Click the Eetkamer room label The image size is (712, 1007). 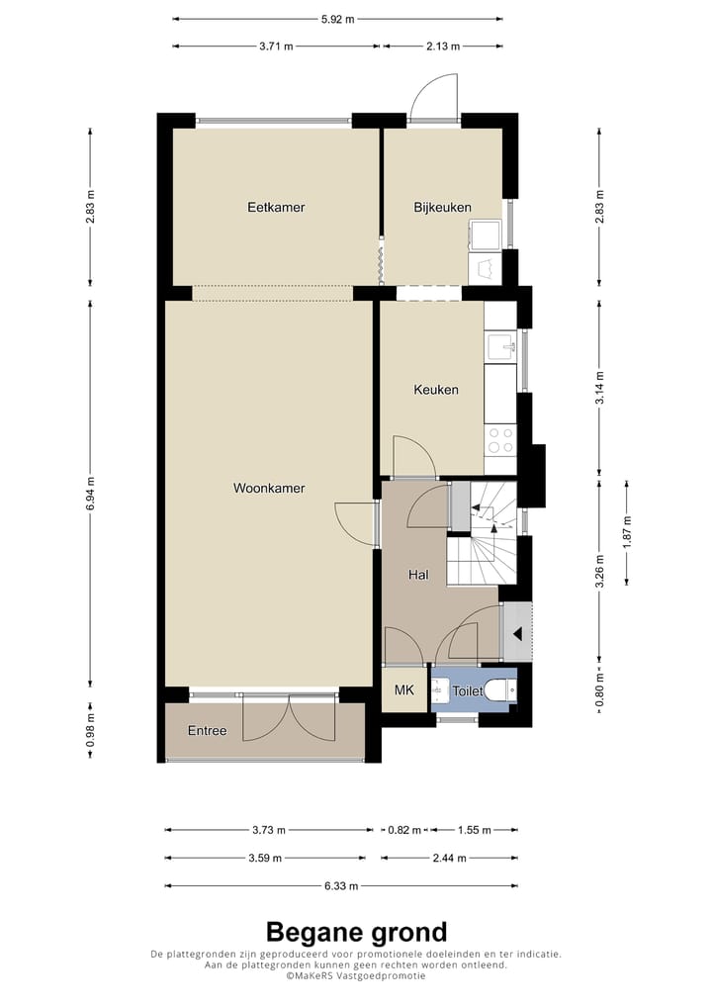click(x=276, y=208)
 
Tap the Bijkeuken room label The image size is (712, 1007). click(x=442, y=208)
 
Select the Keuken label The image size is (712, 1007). click(x=436, y=390)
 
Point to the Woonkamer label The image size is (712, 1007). click(x=269, y=488)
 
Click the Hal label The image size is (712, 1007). click(x=418, y=575)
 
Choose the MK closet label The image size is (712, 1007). click(x=403, y=690)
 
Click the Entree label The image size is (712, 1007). click(x=207, y=731)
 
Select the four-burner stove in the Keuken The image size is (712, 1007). click(x=500, y=440)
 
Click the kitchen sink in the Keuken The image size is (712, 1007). click(x=500, y=347)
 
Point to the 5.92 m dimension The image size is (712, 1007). click(x=337, y=19)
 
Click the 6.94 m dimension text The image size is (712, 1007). click(x=91, y=494)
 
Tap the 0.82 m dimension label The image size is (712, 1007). click(x=404, y=830)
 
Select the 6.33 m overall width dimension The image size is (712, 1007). click(x=341, y=886)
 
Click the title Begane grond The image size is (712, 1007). click(x=356, y=931)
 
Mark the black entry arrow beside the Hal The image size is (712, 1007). click(x=517, y=634)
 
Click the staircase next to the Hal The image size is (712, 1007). click(x=483, y=534)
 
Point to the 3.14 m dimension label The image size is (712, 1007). click(x=599, y=388)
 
